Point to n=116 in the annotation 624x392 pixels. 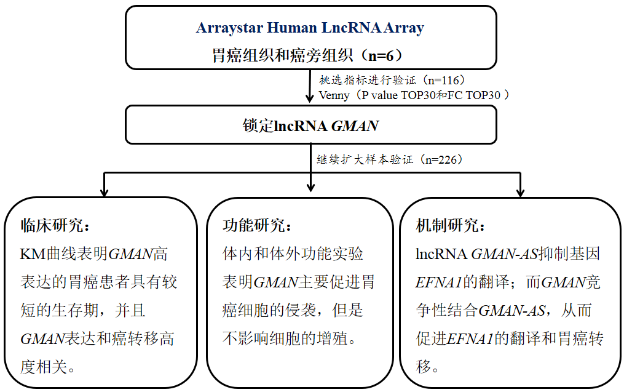pos(445,80)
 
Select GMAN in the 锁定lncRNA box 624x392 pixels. pos(355,127)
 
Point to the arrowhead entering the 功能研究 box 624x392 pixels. pos(310,192)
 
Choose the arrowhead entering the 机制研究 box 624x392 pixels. pos(520,192)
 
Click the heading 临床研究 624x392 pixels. pos(55,225)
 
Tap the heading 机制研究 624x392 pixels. pos(451,225)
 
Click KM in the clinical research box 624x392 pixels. pos(30,254)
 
